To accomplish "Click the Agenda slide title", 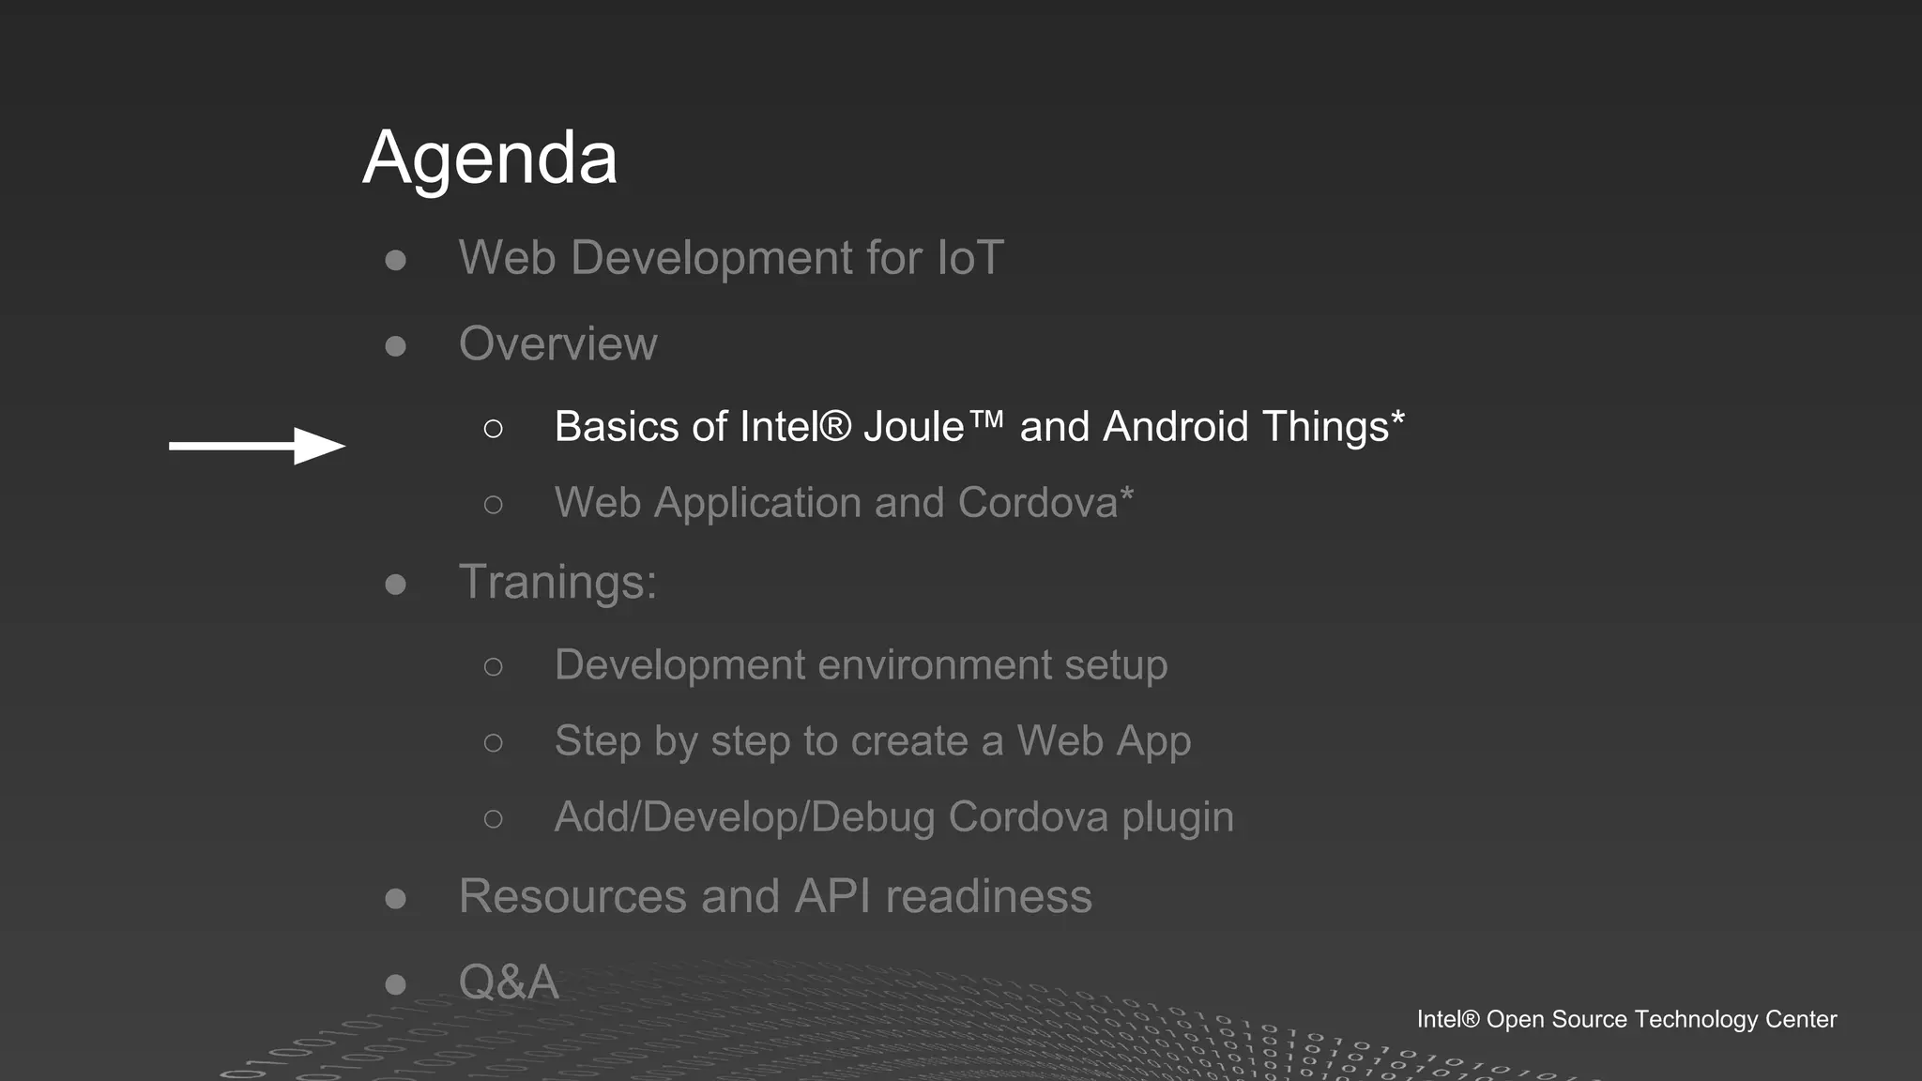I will click(490, 158).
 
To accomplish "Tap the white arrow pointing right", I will click(257, 446).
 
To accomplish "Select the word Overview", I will click(557, 343).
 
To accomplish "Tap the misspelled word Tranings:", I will click(557, 582).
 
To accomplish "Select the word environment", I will click(934, 665).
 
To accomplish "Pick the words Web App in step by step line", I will click(1104, 741).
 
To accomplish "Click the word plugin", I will click(1178, 817).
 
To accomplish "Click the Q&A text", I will click(508, 982).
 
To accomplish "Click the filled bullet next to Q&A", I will click(396, 984).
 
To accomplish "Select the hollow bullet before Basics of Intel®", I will click(493, 429).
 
